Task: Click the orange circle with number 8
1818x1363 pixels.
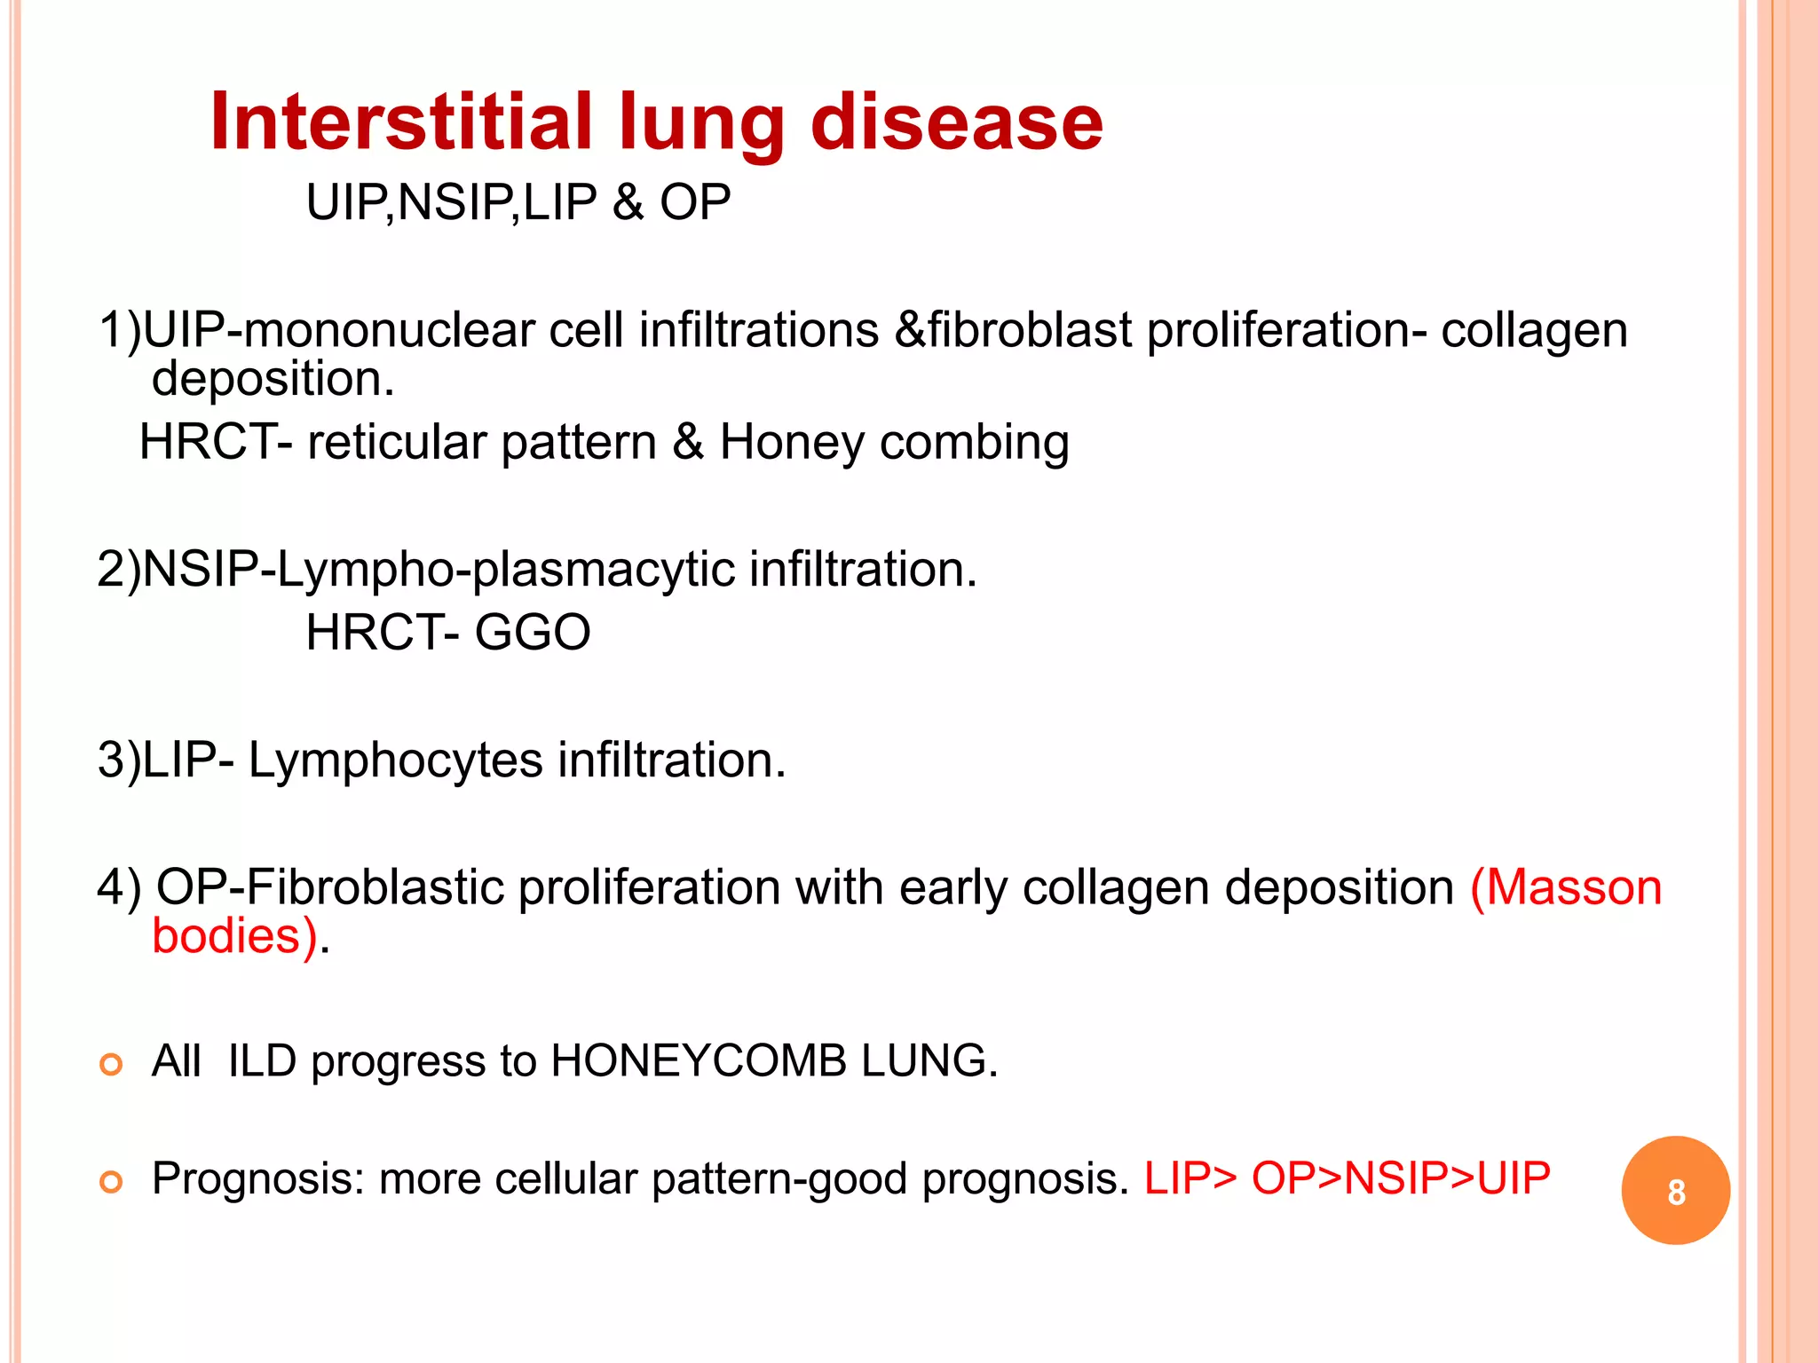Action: coord(1675,1191)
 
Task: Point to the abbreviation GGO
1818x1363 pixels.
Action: coord(532,633)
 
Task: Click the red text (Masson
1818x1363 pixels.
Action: coord(1566,887)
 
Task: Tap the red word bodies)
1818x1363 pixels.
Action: coord(234,936)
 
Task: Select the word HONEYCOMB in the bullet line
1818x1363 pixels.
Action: coord(699,1061)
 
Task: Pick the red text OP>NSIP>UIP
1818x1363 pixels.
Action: coord(1401,1178)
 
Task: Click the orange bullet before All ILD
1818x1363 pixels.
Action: coord(111,1064)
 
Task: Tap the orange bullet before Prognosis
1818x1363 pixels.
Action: coord(111,1182)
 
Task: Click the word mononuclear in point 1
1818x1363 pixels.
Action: coord(389,331)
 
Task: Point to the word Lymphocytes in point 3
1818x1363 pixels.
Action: coord(395,761)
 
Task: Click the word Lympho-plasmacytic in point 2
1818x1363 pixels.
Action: coord(506,571)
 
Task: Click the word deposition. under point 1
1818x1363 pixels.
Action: coord(273,380)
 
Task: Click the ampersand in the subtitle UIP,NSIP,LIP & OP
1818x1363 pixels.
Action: coord(628,202)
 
